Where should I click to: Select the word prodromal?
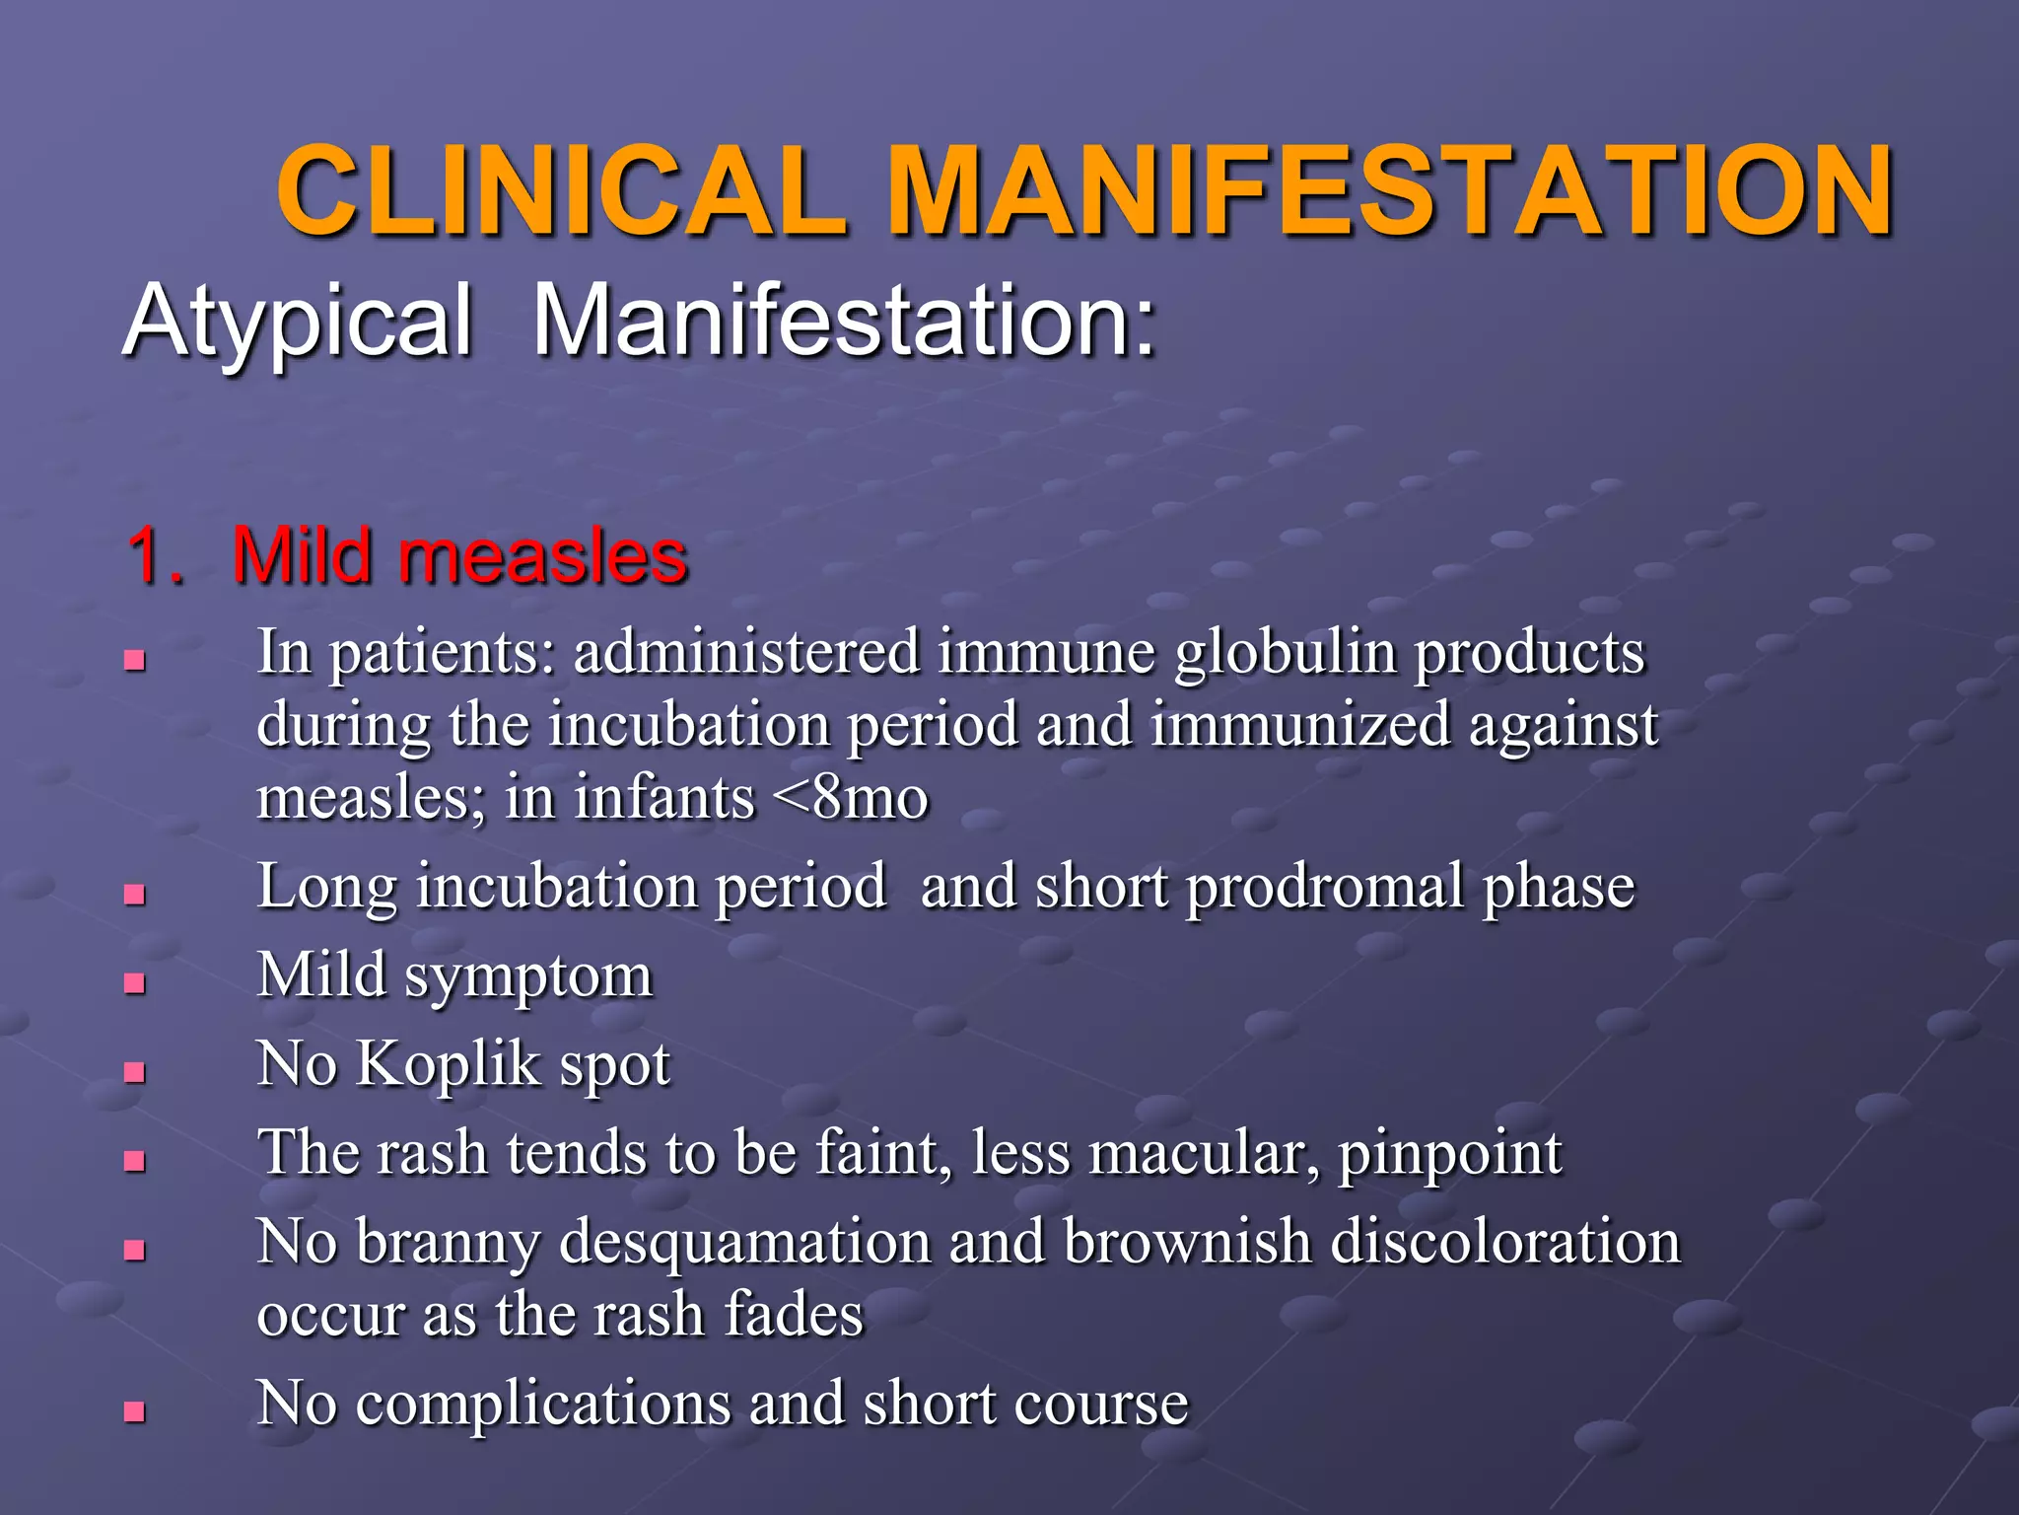click(1325, 886)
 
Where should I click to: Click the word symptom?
click(528, 976)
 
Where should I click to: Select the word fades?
click(794, 1314)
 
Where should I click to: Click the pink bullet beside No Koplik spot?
click(135, 1072)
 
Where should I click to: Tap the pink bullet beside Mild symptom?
click(135, 983)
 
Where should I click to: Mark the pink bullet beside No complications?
click(135, 1411)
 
